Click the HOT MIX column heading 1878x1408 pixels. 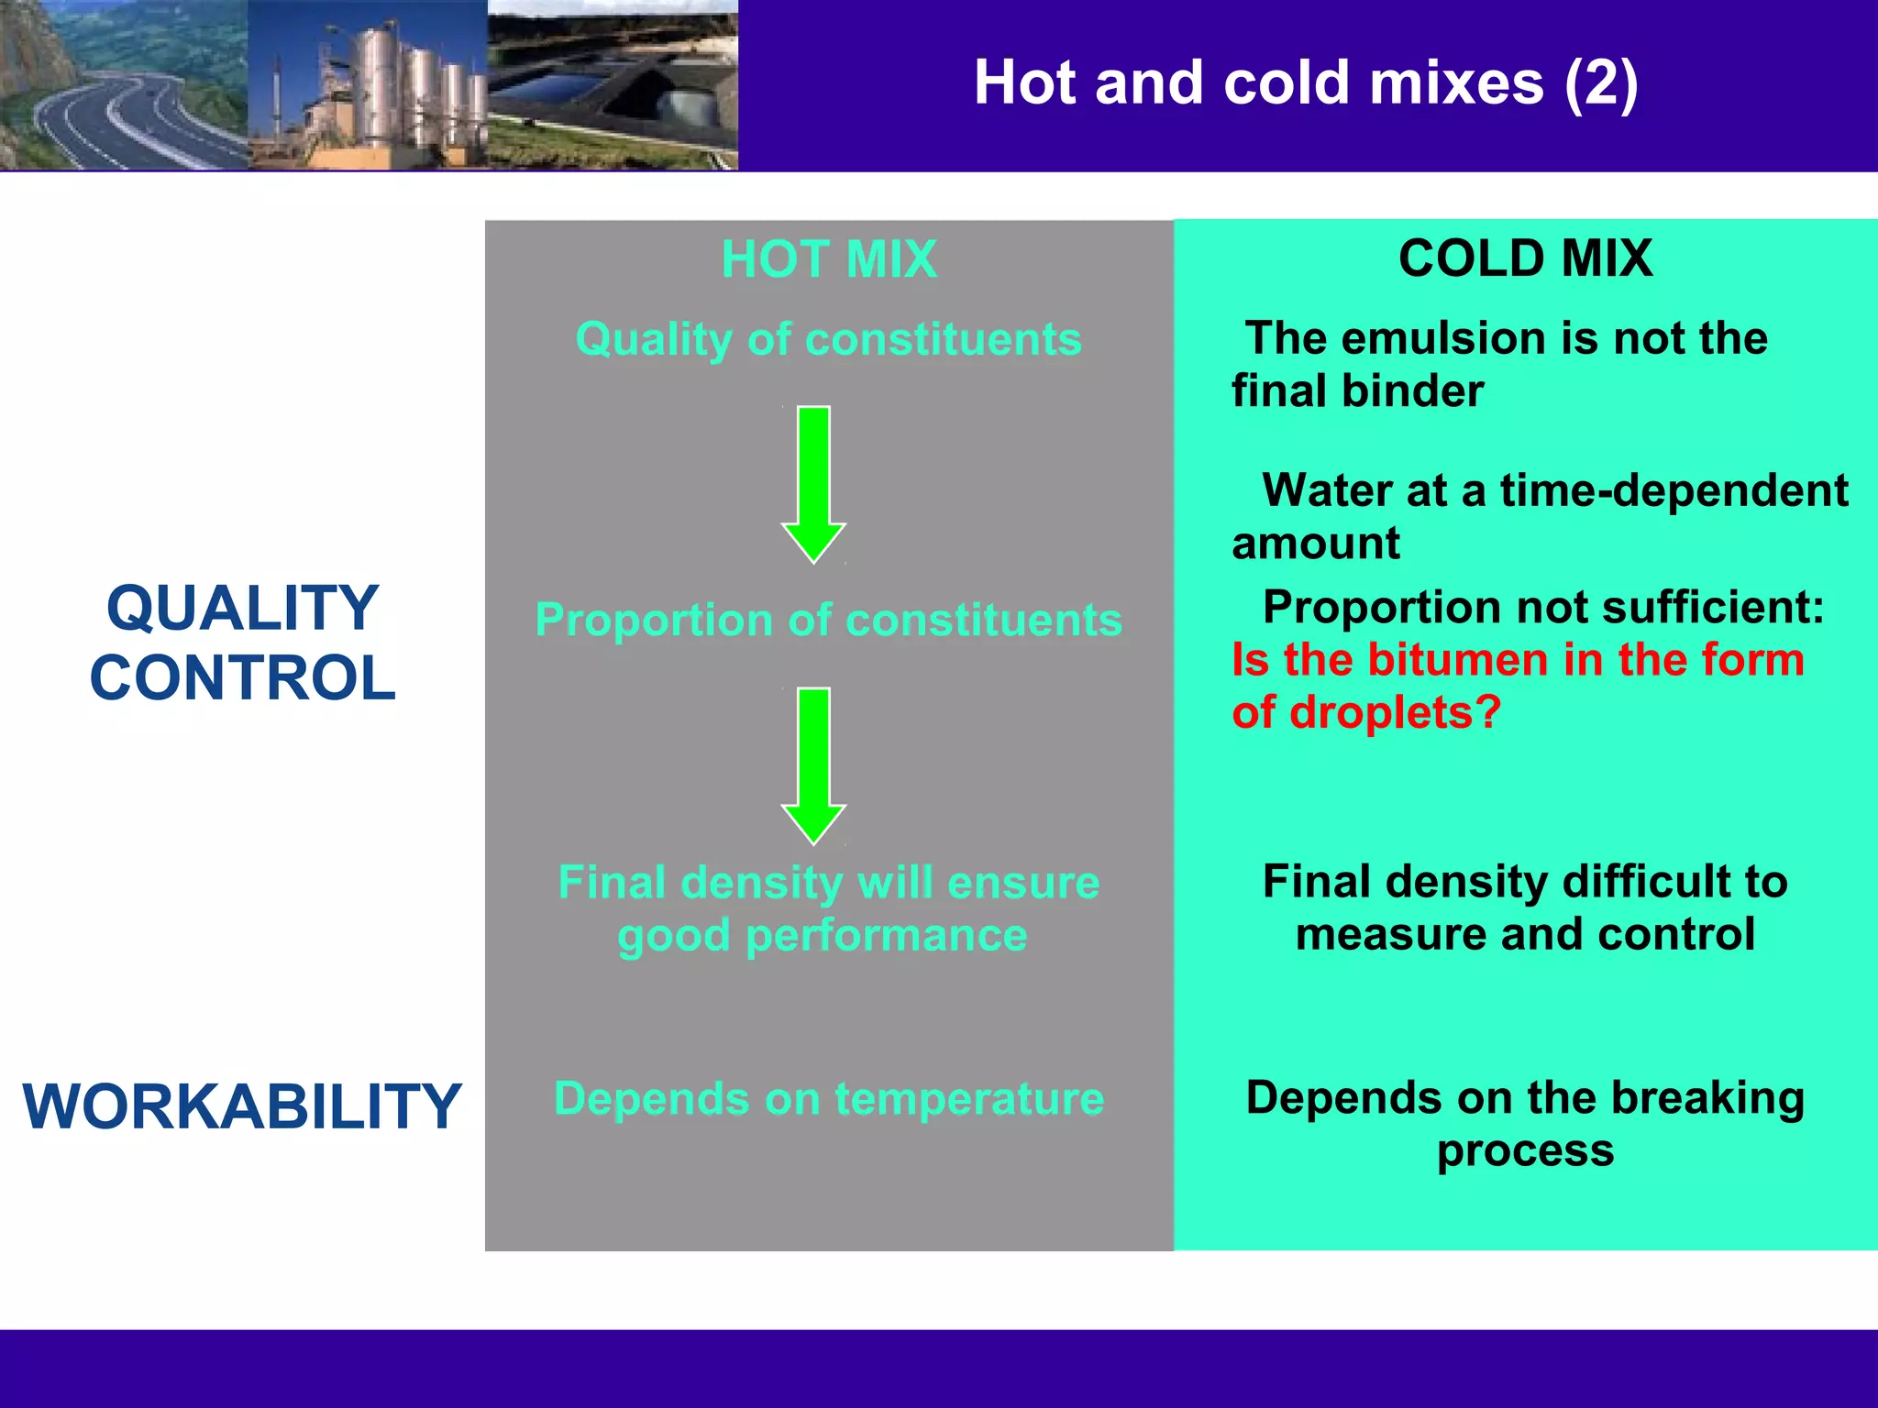click(829, 259)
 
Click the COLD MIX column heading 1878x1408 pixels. click(1525, 258)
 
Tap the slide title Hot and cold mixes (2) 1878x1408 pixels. click(1305, 82)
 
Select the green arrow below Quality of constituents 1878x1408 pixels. click(813, 483)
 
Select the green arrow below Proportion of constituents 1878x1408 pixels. click(813, 764)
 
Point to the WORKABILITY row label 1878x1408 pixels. click(242, 1106)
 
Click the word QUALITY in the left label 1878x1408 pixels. click(242, 609)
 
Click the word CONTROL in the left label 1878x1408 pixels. click(242, 678)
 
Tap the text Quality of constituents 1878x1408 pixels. click(828, 340)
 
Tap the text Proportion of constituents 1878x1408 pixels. click(828, 621)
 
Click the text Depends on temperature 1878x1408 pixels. click(828, 1099)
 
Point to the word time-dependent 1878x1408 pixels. click(1674, 490)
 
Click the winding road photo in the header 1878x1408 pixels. click(124, 84)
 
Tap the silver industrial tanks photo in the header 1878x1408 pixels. click(367, 84)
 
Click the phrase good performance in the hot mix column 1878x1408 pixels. click(823, 936)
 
